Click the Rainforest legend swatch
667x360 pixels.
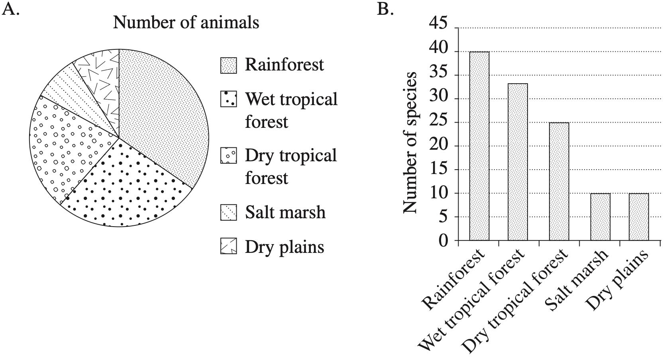(228, 65)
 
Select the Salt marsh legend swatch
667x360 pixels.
(228, 213)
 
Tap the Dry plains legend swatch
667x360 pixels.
(228, 247)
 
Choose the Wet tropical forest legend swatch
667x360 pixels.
(228, 99)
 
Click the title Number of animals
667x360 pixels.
(186, 22)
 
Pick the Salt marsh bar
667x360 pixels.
(600, 217)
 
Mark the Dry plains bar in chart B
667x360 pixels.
(639, 217)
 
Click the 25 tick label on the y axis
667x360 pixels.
(439, 122)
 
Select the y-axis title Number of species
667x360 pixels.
(410, 143)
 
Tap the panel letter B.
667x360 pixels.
(385, 9)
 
